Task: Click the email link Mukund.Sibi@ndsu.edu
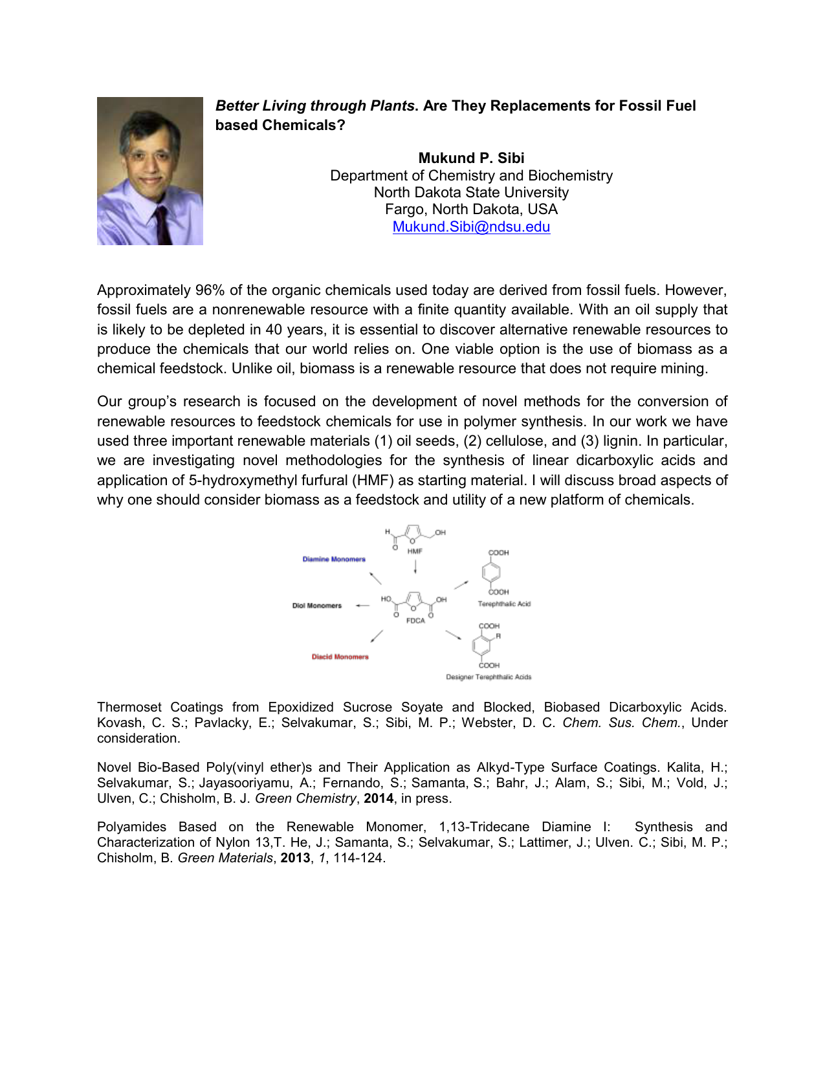[471, 227]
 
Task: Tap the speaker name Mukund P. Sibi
[471, 158]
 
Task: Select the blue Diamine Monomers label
[334, 559]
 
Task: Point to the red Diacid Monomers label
[340, 657]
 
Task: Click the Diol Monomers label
[316, 605]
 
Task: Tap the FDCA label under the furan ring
[415, 620]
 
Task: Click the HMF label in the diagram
[415, 551]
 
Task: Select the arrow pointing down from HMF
[415, 567]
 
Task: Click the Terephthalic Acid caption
[504, 604]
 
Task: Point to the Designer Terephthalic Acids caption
[489, 677]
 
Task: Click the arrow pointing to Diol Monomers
[362, 605]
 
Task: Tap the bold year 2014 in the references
[379, 798]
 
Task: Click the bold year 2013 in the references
[295, 858]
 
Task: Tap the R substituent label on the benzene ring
[498, 637]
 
